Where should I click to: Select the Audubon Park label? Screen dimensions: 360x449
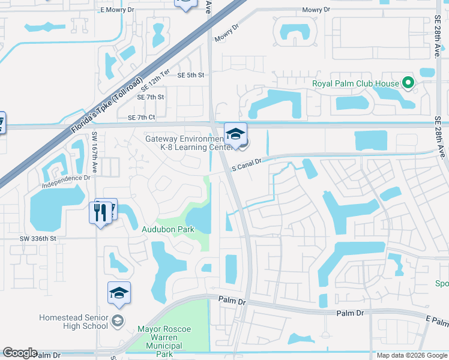(167, 230)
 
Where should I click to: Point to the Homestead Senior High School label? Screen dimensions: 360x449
(73, 322)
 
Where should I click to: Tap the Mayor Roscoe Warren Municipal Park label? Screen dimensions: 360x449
(164, 338)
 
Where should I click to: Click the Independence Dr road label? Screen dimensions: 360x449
(66, 178)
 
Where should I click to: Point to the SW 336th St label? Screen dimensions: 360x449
(37, 238)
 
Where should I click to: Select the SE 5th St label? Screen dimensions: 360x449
(191, 75)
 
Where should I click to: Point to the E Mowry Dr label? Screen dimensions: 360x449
(118, 10)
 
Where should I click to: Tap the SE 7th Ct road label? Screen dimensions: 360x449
(141, 117)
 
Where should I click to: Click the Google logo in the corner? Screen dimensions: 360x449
(20, 353)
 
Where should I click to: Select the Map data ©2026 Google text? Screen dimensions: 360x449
(412, 355)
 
